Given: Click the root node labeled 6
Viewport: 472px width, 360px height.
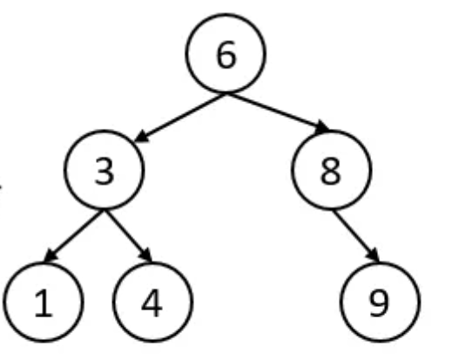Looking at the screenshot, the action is (x=226, y=53).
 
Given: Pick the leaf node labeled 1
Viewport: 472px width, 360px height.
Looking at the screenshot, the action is (x=44, y=302).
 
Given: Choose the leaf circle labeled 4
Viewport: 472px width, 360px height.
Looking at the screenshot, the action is (x=152, y=302).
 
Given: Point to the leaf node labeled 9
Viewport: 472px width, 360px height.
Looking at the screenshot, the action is (x=380, y=302).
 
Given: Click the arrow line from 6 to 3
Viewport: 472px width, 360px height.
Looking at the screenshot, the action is (x=180, y=118).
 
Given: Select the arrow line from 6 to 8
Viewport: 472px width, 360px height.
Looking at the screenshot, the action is (x=278, y=112).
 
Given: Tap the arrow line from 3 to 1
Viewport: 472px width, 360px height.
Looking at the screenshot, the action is (x=74, y=236).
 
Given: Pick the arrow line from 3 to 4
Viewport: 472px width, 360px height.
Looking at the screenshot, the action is (x=128, y=236).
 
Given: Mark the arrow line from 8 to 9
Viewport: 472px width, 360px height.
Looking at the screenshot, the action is (x=356, y=236).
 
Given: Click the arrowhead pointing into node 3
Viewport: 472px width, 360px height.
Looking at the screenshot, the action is (x=141, y=137).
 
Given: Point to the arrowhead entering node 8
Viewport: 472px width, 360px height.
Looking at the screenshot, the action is (x=323, y=127).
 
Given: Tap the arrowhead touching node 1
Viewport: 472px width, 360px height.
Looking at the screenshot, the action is (x=50, y=255).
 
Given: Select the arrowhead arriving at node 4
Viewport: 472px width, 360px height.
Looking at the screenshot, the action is (x=146, y=255).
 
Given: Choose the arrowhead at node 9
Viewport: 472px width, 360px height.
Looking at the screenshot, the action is (x=374, y=255).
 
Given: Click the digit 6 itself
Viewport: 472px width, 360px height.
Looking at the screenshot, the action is (x=226, y=55).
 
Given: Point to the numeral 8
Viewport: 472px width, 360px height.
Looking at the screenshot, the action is (x=331, y=171).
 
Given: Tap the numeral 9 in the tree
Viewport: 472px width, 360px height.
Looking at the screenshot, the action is (x=379, y=303).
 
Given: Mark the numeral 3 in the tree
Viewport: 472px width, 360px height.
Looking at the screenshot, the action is (x=105, y=171).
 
